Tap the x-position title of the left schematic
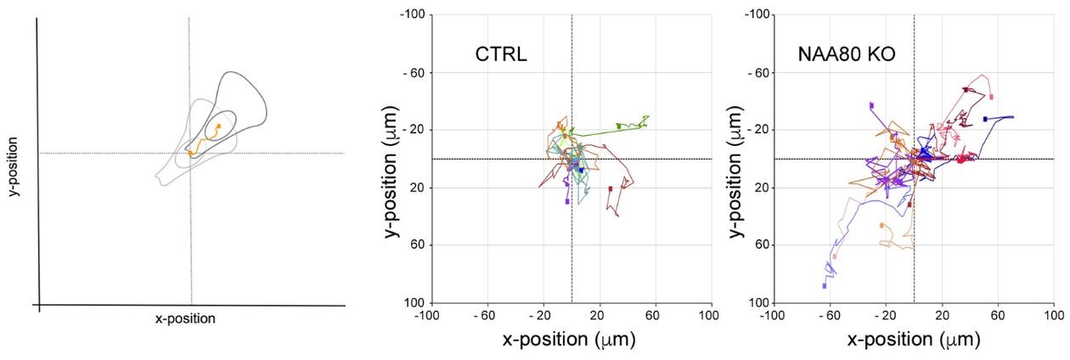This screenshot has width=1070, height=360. point(185,319)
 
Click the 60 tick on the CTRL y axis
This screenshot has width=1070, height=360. point(420,245)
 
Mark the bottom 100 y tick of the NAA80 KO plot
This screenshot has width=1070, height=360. point(760,302)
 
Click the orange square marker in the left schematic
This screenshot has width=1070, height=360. point(218,127)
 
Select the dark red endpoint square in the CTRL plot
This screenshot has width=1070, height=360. point(611,188)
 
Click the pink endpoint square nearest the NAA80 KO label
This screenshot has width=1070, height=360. point(991,97)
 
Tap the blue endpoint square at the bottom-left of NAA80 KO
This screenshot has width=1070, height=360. point(825,285)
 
